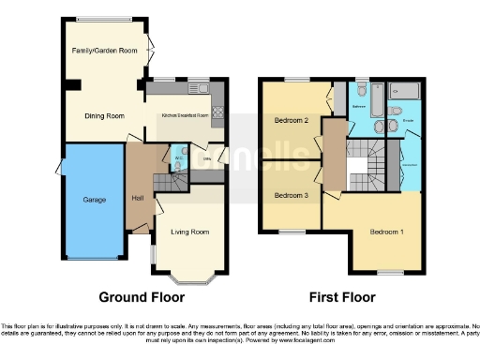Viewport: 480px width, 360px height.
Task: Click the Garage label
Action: pos(94,200)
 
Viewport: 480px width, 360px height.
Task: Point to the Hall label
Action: pos(138,198)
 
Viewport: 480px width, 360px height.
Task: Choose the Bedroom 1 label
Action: pos(386,232)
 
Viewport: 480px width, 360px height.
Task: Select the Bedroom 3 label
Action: pos(292,195)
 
